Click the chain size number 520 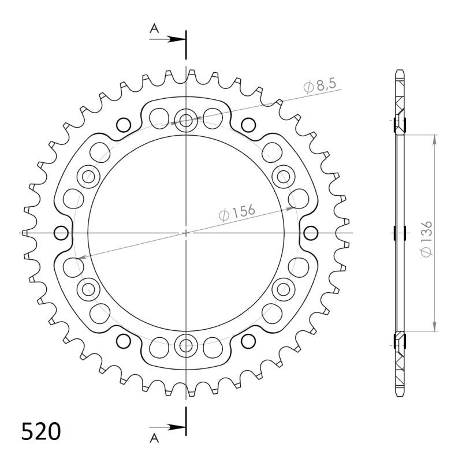40,431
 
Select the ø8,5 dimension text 319,87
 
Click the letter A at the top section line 154,28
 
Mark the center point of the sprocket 186,233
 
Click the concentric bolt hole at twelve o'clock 186,120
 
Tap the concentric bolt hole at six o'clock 186,345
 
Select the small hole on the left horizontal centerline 60,233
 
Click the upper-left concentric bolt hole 88,176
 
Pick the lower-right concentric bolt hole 284,289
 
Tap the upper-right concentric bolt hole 284,176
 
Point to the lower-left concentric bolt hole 88,289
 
